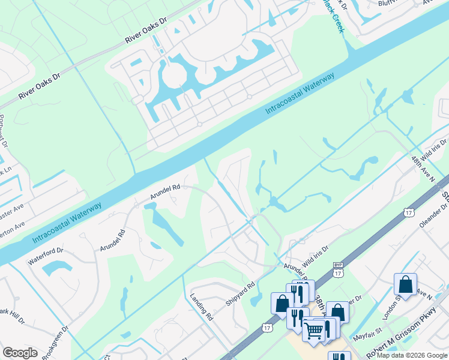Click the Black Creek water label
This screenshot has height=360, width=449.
pos(334,14)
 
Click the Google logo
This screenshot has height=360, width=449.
pos(20,353)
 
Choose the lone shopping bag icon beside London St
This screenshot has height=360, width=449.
pos(405,284)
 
